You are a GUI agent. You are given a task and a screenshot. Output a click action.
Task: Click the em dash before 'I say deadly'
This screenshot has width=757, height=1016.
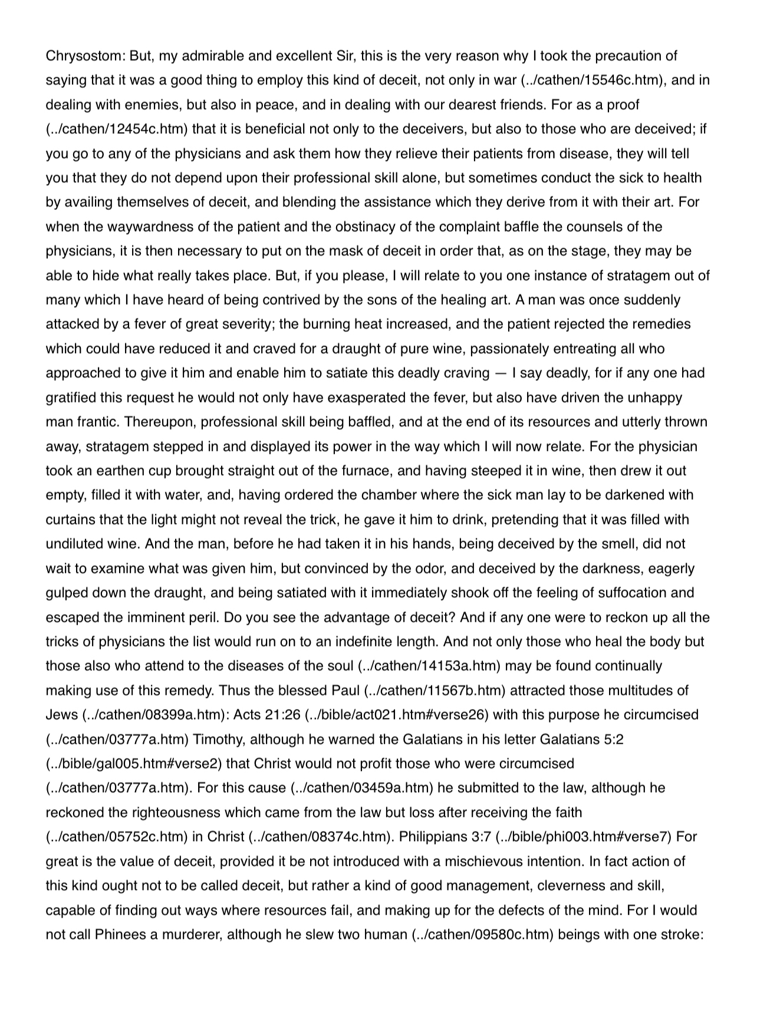click(x=501, y=373)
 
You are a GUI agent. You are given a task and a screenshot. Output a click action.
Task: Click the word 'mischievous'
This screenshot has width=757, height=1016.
click(x=469, y=862)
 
